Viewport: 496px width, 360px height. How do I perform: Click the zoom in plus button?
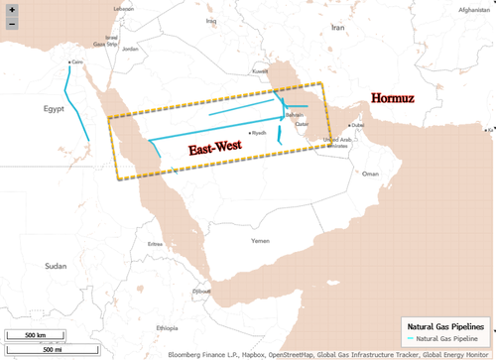click(11, 10)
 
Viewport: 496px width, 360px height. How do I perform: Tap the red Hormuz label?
click(398, 99)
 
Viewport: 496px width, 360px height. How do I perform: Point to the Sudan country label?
click(57, 266)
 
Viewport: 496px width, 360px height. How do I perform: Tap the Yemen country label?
click(260, 241)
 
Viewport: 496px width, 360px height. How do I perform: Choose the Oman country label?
click(371, 174)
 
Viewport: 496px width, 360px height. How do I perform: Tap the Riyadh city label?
click(260, 133)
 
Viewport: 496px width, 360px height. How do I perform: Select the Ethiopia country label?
click(166, 326)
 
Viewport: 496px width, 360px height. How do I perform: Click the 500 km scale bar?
click(36, 334)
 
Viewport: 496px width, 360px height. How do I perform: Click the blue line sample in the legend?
click(409, 339)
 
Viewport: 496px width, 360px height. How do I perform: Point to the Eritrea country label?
click(156, 244)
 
